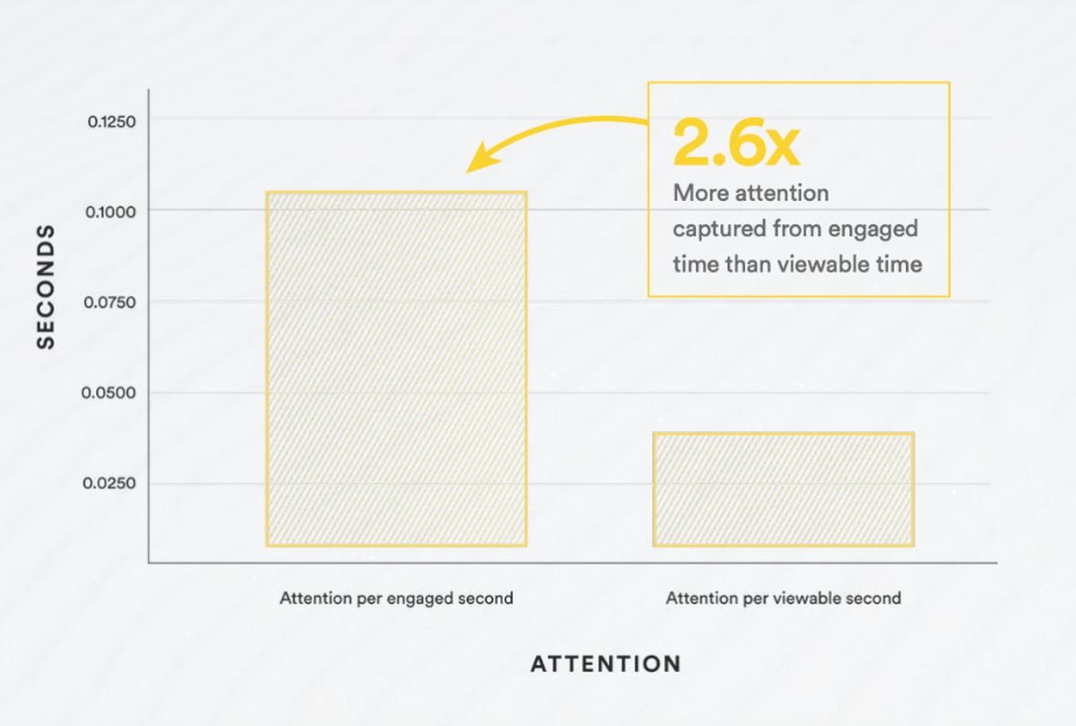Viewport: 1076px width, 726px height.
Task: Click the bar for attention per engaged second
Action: tap(396, 369)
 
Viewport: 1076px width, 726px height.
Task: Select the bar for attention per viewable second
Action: tap(784, 489)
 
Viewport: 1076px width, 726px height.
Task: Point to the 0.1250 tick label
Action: tap(111, 122)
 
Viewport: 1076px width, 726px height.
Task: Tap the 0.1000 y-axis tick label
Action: tap(110, 212)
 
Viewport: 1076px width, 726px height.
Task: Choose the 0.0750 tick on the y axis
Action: tap(109, 302)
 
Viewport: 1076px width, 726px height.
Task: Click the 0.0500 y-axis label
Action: tap(108, 393)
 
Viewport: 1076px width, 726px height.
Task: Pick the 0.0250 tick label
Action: tap(109, 483)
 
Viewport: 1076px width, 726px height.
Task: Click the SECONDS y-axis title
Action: tap(46, 286)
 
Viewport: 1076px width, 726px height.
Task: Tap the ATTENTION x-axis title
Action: tap(606, 664)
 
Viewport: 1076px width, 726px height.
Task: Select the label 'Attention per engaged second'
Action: tap(396, 599)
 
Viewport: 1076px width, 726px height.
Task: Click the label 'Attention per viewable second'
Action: tap(784, 599)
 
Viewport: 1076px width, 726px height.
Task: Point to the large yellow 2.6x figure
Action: tap(737, 144)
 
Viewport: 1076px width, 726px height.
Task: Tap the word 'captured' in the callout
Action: tap(718, 229)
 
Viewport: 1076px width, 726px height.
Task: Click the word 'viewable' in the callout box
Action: tap(822, 265)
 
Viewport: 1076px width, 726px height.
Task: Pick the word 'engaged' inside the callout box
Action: tap(872, 230)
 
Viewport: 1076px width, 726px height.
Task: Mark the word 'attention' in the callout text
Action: tap(782, 193)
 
